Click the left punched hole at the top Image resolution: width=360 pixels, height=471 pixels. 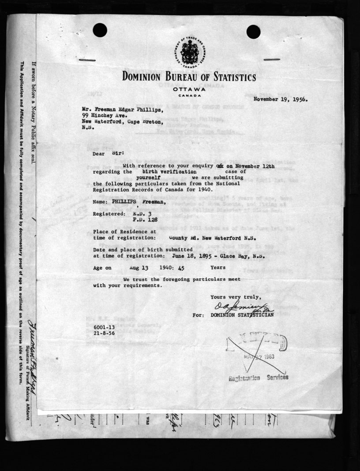click(x=100, y=30)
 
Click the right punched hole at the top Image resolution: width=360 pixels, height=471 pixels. click(x=253, y=31)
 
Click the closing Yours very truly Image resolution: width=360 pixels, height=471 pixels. click(x=236, y=297)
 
